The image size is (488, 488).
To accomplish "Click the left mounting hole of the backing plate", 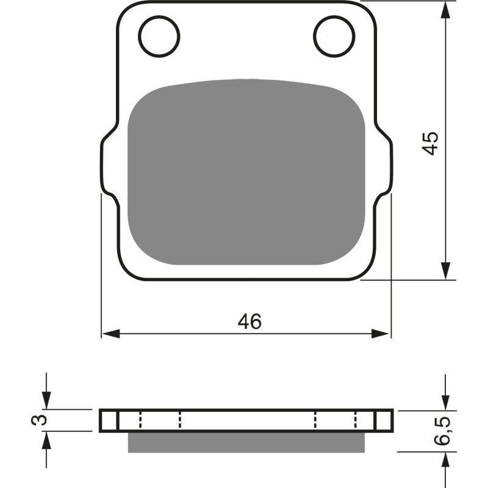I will tap(159, 35).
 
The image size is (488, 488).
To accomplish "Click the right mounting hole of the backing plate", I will tap(334, 35).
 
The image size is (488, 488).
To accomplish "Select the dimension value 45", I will tap(431, 143).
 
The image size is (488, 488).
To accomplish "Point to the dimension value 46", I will tap(249, 321).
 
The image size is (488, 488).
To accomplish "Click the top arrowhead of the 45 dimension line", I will tap(447, 9).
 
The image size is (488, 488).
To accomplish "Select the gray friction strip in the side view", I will tap(246, 442).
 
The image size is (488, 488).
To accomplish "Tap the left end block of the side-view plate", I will tap(109, 420).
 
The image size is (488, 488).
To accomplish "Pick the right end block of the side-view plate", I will tap(384, 420).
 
